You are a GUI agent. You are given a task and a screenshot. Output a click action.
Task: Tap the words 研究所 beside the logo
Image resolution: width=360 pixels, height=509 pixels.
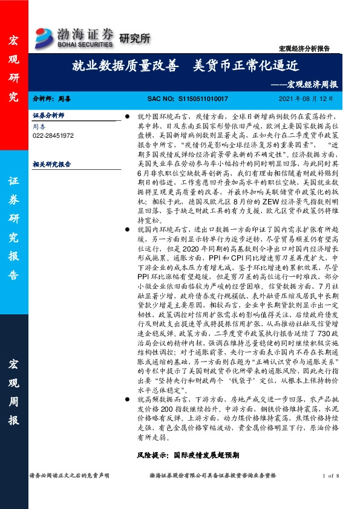131,38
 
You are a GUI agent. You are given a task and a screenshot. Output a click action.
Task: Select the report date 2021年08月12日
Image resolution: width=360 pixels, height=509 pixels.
306,98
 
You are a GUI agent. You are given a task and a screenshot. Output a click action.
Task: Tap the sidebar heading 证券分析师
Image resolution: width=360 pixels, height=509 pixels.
48,115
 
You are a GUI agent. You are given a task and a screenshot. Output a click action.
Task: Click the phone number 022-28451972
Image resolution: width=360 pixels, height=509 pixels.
53,136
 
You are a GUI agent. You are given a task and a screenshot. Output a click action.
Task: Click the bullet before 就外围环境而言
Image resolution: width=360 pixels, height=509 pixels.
128,115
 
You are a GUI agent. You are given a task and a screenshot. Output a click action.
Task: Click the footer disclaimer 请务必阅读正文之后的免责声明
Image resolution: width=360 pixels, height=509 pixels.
70,476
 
